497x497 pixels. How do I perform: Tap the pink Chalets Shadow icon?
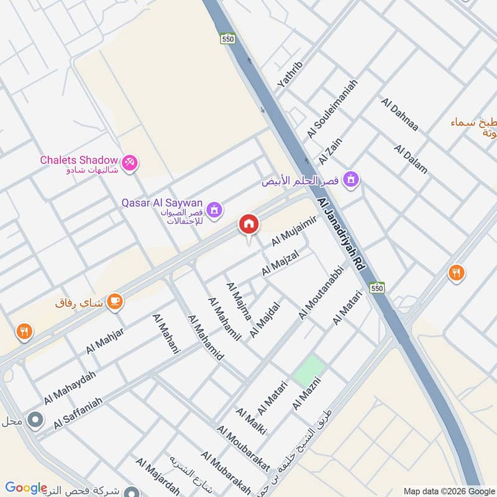click(x=130, y=163)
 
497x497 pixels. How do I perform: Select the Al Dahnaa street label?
click(x=401, y=115)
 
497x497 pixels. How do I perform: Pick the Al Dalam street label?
click(x=411, y=159)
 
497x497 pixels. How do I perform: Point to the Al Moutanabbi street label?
click(x=321, y=294)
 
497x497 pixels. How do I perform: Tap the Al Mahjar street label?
click(x=105, y=340)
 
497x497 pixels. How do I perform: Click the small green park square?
click(x=309, y=370)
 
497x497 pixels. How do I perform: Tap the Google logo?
click(x=26, y=488)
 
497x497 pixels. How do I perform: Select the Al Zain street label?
click(x=331, y=152)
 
